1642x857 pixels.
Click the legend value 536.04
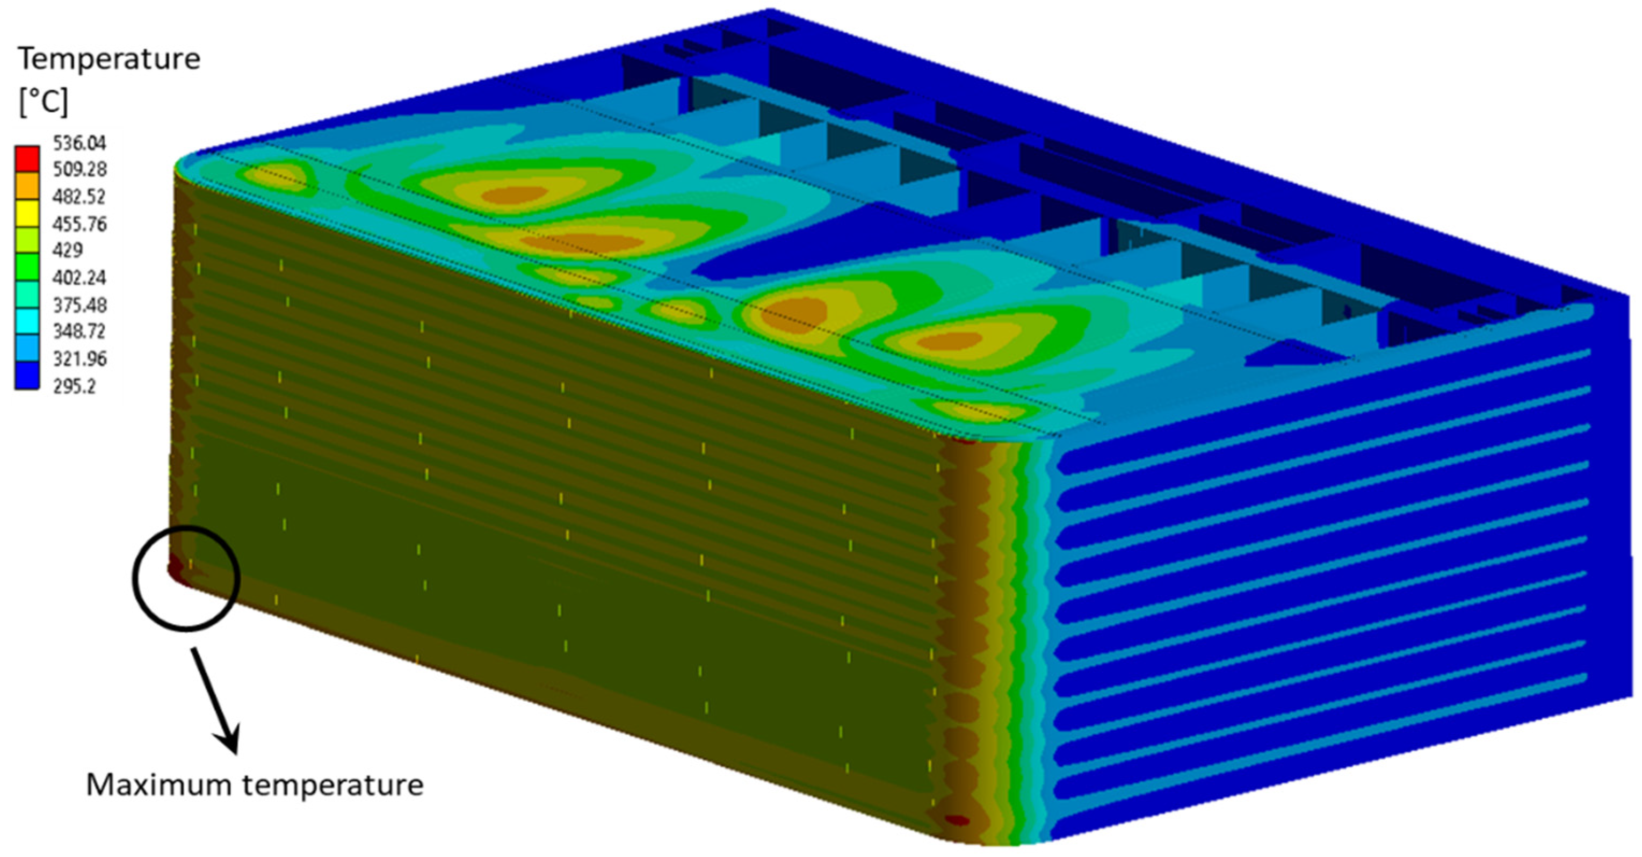[79, 142]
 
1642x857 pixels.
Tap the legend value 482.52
[79, 197]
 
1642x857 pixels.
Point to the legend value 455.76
[79, 224]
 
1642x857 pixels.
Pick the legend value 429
[67, 249]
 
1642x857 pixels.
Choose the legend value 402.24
[79, 277]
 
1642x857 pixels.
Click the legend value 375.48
[79, 305]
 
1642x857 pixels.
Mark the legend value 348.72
[79, 332]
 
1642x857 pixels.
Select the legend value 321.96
[79, 359]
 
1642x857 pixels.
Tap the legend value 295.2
[74, 386]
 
